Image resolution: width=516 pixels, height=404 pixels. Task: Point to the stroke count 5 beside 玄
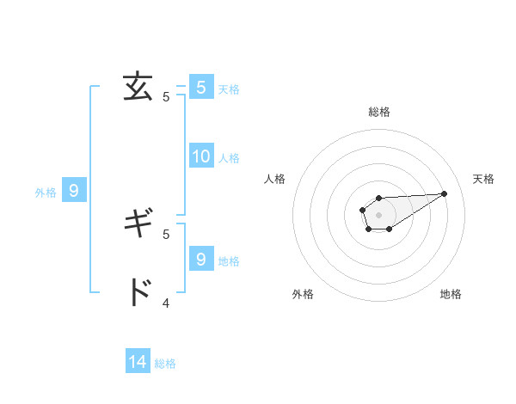pos(166,97)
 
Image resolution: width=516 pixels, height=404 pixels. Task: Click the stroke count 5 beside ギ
pos(166,234)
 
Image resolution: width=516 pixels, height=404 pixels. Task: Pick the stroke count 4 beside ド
pos(166,303)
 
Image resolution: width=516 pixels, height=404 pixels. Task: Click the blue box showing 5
pos(201,87)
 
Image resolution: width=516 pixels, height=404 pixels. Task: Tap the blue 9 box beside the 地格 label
pos(201,259)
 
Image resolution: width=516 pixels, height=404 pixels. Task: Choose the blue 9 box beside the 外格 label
pos(74,191)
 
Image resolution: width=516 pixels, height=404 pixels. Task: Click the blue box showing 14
pos(138,362)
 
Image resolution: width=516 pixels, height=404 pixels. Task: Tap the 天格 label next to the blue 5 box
pos(229,89)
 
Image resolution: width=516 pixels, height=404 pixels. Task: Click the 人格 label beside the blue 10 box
pos(229,157)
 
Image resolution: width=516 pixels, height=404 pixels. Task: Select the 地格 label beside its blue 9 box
pos(229,260)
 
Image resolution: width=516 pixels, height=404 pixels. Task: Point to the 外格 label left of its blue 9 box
pos(46,193)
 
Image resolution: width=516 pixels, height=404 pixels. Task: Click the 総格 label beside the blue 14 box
pos(165,364)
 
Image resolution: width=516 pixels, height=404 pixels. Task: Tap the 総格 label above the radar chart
pos(379,112)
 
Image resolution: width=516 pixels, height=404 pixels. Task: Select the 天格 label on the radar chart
pos(483,179)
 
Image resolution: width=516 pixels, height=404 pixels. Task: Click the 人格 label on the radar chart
pos(275,179)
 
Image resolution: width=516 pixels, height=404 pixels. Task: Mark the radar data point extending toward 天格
pos(445,193)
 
